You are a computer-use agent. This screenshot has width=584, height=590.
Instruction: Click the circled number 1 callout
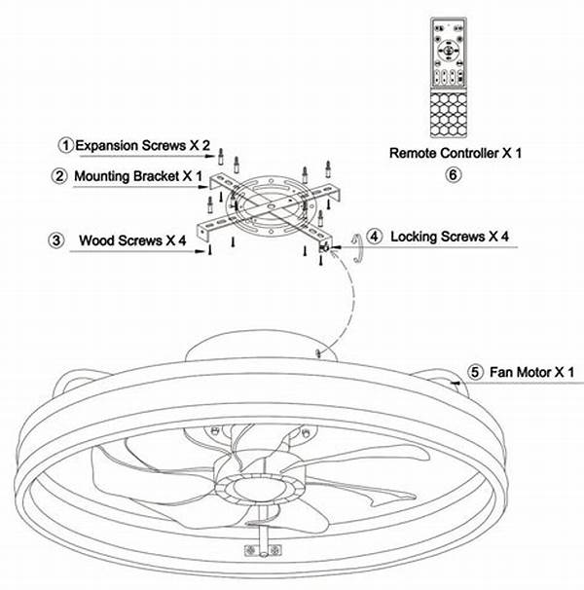(66, 144)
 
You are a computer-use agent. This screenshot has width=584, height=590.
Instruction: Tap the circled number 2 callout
(60, 176)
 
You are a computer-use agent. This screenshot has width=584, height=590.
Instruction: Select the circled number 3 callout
(60, 239)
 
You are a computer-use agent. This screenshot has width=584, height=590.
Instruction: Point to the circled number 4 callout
(376, 237)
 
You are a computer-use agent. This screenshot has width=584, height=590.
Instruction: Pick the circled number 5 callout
(475, 372)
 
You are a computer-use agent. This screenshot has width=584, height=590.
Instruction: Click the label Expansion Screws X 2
(143, 144)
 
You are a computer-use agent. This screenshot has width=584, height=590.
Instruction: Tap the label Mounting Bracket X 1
(140, 176)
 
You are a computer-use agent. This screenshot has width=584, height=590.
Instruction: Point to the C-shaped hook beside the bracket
(357, 248)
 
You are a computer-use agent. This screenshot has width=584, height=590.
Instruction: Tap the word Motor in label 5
(534, 372)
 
